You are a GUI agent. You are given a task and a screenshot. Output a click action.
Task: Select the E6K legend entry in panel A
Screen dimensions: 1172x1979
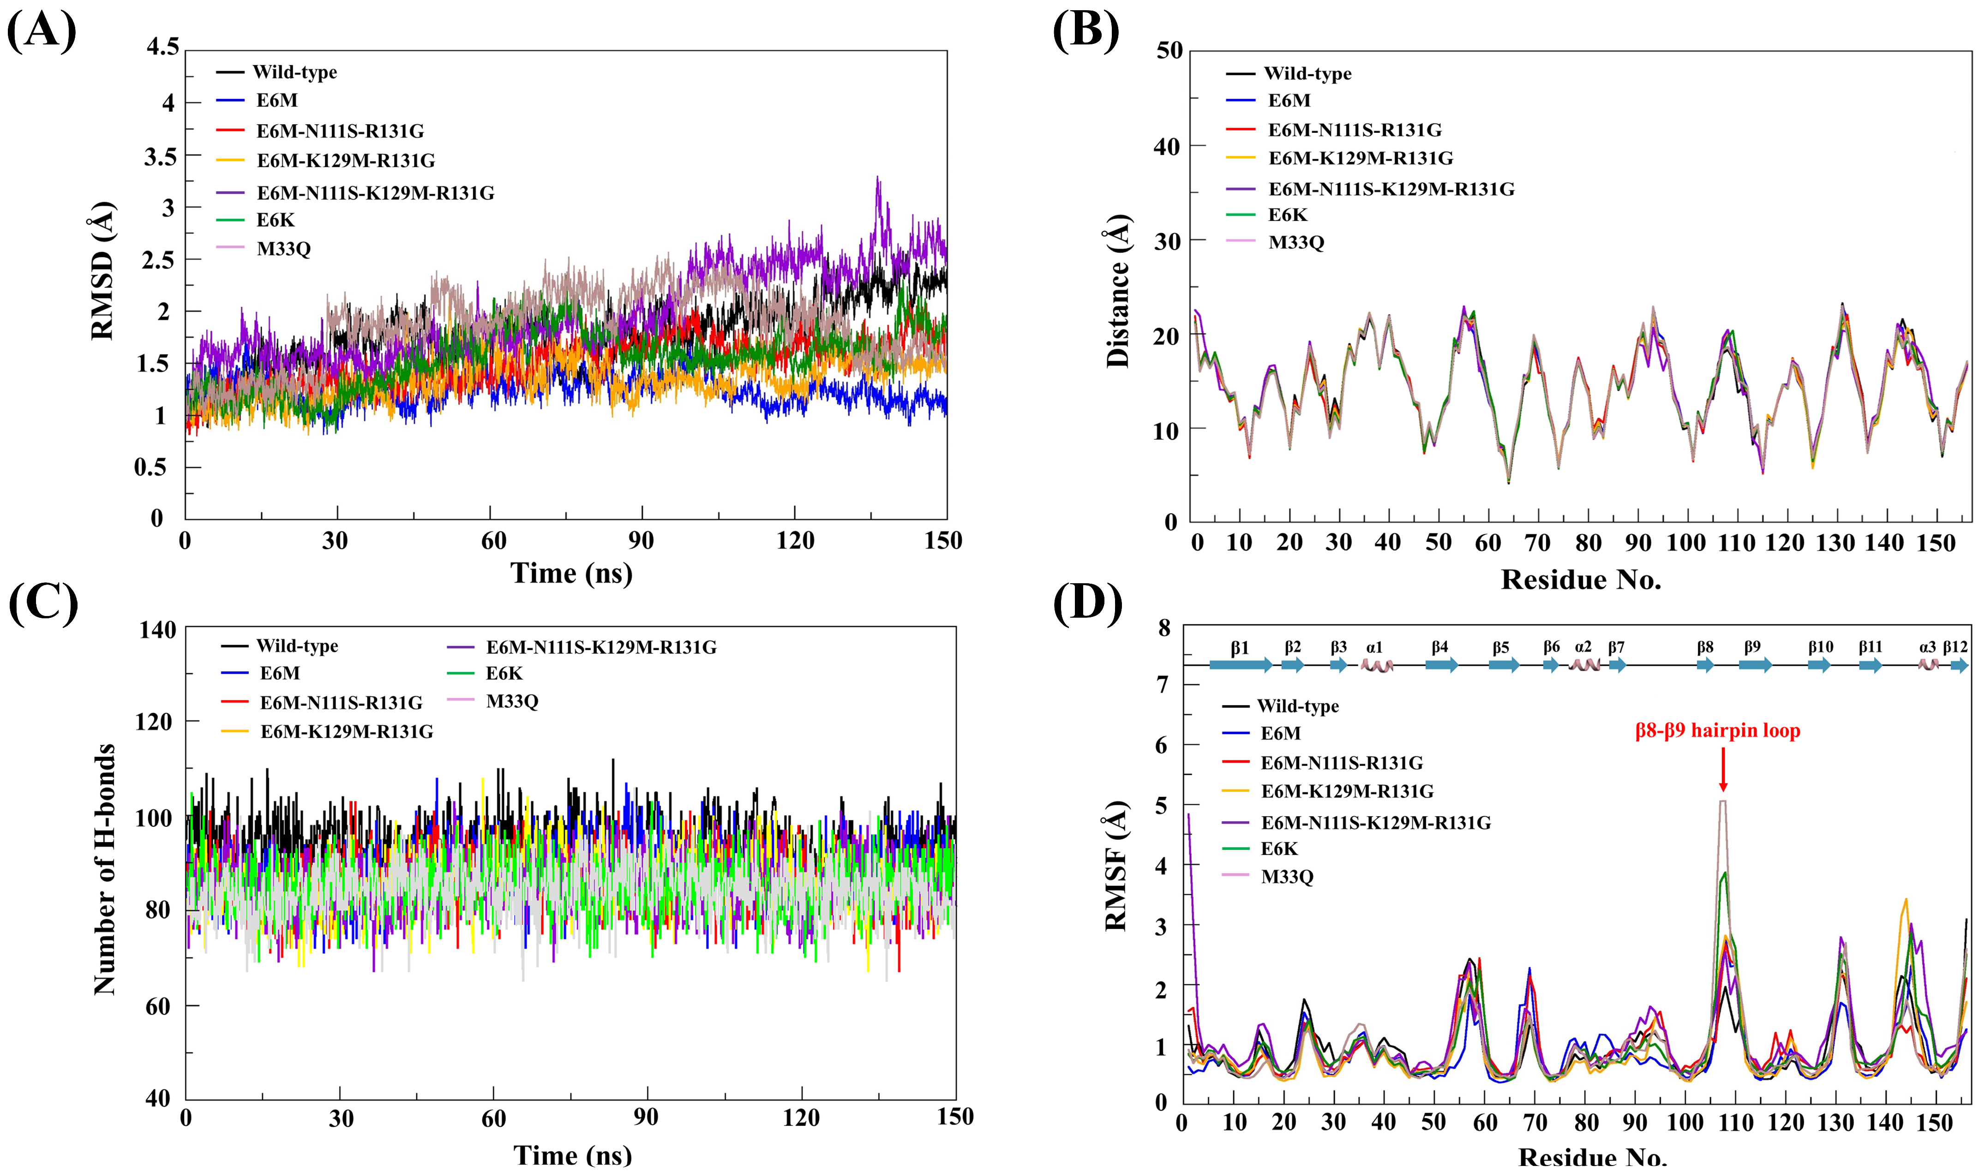tap(275, 221)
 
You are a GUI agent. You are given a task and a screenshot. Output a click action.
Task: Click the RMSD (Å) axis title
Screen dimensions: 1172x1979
tap(102, 271)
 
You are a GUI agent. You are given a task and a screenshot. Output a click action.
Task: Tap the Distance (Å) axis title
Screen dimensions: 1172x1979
tap(1117, 291)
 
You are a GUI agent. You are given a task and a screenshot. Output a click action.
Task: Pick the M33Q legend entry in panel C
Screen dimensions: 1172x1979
tap(512, 700)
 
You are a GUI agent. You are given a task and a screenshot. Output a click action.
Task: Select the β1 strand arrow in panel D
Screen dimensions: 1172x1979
tap(1240, 665)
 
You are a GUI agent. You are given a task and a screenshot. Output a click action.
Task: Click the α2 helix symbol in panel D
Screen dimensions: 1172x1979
tap(1583, 665)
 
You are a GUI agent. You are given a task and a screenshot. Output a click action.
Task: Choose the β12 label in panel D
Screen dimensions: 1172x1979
tap(1955, 647)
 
